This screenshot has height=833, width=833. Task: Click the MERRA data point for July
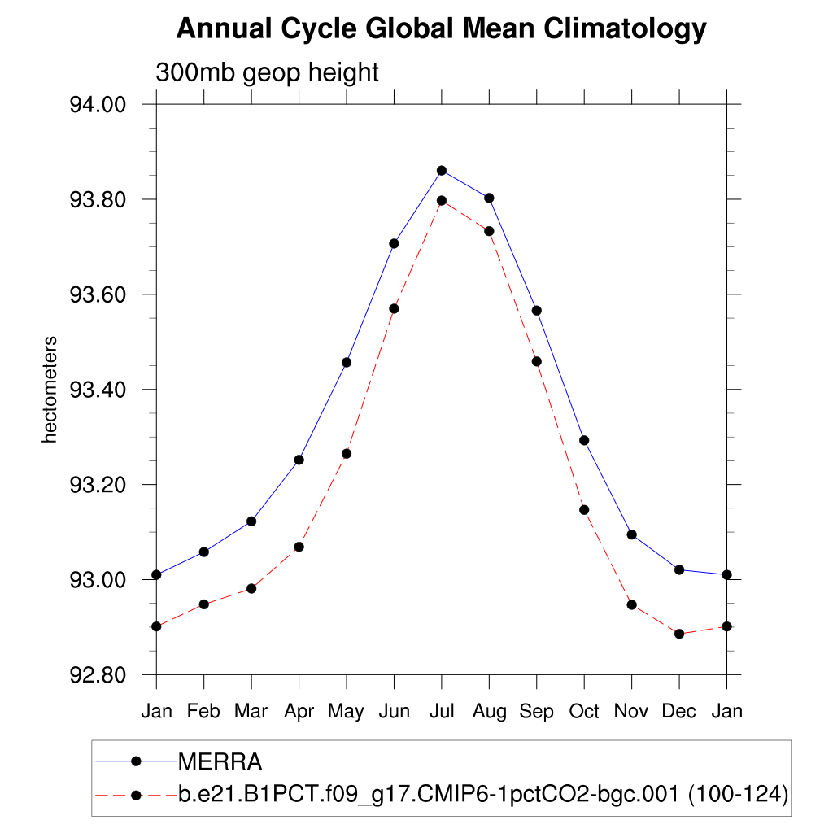pyautogui.click(x=442, y=170)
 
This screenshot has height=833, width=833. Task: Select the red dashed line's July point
pyautogui.click(x=442, y=200)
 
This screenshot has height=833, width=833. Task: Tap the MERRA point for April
pyautogui.click(x=299, y=460)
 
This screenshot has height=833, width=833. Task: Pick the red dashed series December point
pyautogui.click(x=679, y=634)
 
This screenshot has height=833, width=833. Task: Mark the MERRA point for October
pyautogui.click(x=584, y=440)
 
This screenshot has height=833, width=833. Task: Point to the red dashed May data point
pyautogui.click(x=347, y=453)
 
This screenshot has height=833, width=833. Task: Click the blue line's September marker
pyautogui.click(x=537, y=311)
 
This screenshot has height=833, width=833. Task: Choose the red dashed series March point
pyautogui.click(x=251, y=588)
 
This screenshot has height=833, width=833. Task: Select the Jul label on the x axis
pyautogui.click(x=442, y=711)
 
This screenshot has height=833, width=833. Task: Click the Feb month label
pyautogui.click(x=203, y=711)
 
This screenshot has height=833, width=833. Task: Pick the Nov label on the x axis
pyautogui.click(x=631, y=711)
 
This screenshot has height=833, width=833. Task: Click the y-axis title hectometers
pyautogui.click(x=50, y=390)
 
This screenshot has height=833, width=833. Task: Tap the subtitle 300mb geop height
pyautogui.click(x=267, y=72)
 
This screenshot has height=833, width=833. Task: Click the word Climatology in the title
pyautogui.click(x=625, y=29)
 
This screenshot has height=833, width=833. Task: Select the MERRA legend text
pyautogui.click(x=220, y=762)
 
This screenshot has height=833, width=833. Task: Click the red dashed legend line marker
pyautogui.click(x=136, y=794)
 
